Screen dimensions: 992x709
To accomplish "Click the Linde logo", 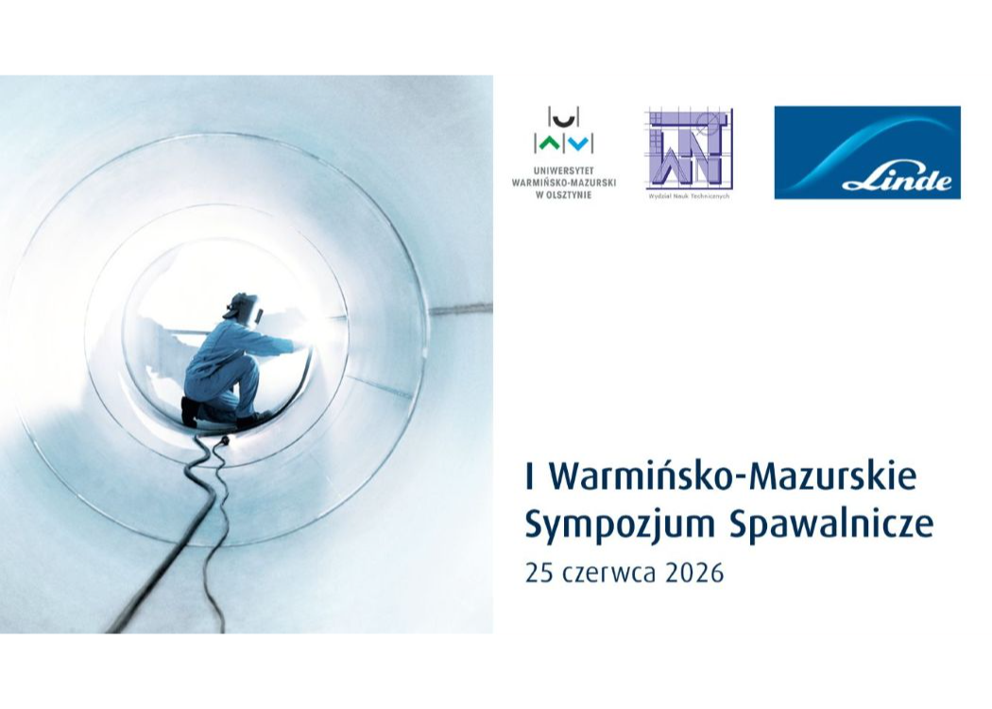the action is [867, 152].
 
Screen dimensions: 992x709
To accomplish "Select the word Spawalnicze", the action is [831, 527].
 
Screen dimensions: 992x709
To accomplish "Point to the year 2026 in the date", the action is [694, 574].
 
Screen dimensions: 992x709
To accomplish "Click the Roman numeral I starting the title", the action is [529, 477].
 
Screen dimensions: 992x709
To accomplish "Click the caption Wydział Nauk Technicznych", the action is [689, 197].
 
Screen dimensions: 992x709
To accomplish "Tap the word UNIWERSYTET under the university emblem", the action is [564, 171].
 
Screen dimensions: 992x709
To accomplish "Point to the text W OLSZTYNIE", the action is [564, 195].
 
